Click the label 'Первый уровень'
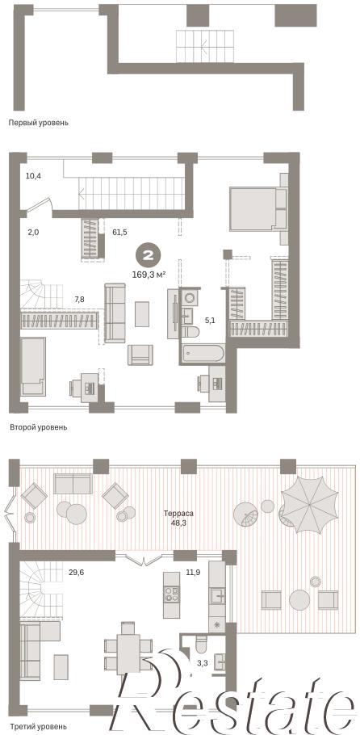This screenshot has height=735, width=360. (x=39, y=123)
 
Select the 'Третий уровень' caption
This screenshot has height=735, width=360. (x=39, y=726)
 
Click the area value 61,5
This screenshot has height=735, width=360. (x=120, y=231)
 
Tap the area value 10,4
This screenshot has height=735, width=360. (x=33, y=176)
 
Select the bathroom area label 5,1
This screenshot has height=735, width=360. (x=211, y=321)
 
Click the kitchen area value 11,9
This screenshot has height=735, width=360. (x=193, y=571)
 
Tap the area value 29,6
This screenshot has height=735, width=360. (x=76, y=571)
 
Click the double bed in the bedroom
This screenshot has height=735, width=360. (x=257, y=209)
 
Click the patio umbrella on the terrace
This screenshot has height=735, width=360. (x=309, y=505)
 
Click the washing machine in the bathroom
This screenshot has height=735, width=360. (x=190, y=297)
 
